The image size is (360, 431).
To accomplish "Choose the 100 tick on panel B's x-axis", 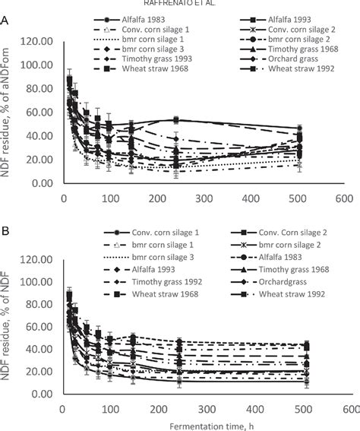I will click(110, 408).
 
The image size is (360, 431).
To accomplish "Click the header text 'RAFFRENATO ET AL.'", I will click(179, 4).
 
